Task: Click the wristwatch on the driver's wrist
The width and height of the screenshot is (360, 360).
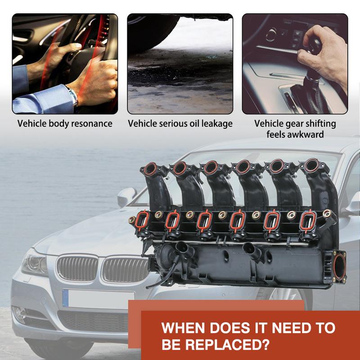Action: coord(73,96)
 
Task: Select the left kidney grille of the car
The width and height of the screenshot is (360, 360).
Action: coord(77,268)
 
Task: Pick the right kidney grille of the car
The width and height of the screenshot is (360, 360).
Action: coord(125,270)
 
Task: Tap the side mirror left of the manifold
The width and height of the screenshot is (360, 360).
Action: coord(126,197)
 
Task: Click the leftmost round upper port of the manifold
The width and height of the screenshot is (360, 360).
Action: coord(150,169)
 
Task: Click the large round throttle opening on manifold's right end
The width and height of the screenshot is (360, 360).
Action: coord(339,266)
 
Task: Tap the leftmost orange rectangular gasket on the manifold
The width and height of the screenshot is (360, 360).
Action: coord(142,220)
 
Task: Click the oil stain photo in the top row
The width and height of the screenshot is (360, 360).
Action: coord(180,64)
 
